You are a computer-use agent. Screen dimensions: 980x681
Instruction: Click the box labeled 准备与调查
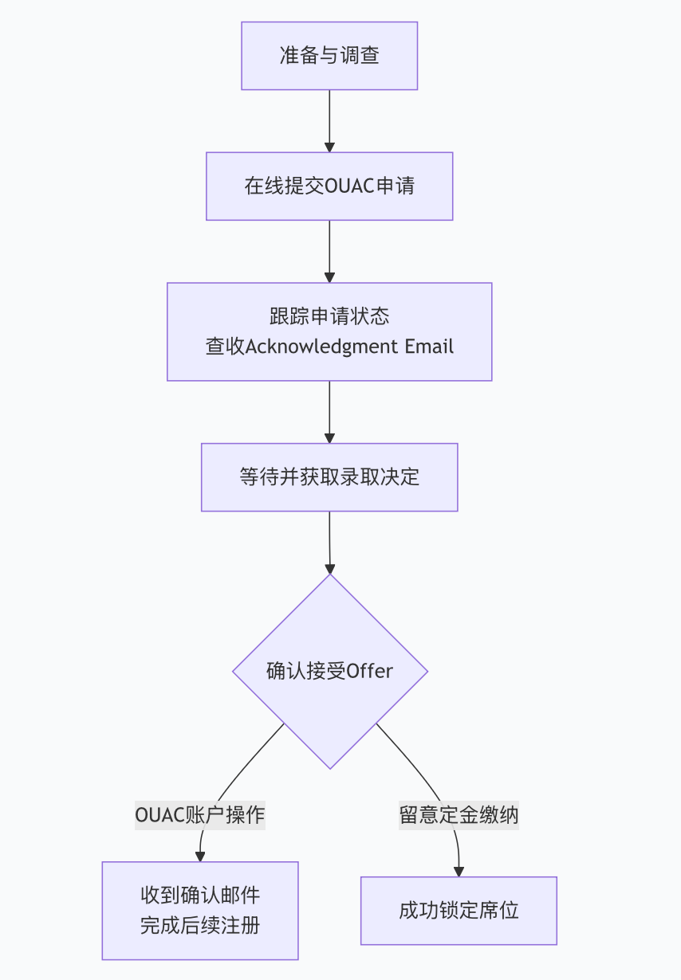pos(329,56)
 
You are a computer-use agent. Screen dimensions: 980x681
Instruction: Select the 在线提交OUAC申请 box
pos(329,186)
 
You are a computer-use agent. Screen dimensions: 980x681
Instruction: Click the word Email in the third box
pos(429,347)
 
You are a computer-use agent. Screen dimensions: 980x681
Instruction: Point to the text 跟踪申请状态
pos(329,316)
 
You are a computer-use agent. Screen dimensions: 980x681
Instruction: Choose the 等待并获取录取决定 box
pos(329,477)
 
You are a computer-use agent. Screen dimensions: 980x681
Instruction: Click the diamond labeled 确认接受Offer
pos(329,671)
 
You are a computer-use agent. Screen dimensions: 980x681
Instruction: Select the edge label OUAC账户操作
pos(199,815)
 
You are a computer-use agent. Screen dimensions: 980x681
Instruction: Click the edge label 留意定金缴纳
pos(459,815)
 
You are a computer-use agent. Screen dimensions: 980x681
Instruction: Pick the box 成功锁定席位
pos(459,911)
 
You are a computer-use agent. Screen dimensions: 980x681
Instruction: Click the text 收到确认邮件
pos(200,896)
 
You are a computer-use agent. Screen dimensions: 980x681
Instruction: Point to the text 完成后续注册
pos(200,926)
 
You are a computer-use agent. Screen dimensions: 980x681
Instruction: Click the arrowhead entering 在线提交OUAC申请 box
pos(329,147)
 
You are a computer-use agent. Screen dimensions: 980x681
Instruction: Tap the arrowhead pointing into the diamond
pos(329,569)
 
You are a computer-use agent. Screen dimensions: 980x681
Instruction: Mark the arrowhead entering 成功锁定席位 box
pos(459,872)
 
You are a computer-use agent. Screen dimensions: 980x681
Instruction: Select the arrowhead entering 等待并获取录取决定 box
pos(329,438)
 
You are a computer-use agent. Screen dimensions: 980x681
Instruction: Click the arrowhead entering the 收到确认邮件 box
pos(200,857)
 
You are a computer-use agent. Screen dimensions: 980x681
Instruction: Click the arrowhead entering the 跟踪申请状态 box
pos(329,277)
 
